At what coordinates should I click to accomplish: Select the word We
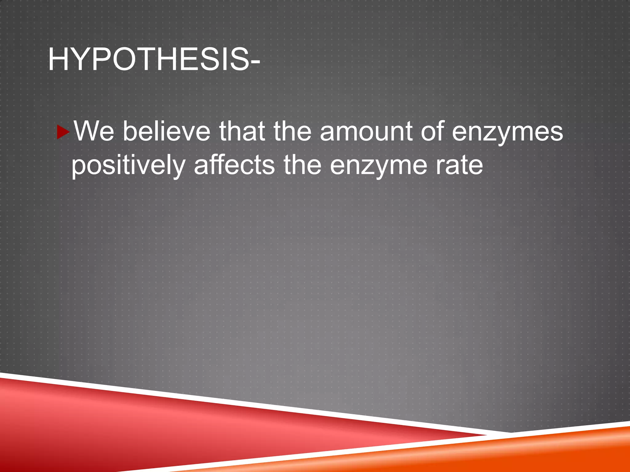pos(94,132)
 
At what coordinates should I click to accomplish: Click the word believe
pos(166,132)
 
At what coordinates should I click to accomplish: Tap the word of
pos(433,132)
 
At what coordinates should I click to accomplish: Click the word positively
pos(128,166)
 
